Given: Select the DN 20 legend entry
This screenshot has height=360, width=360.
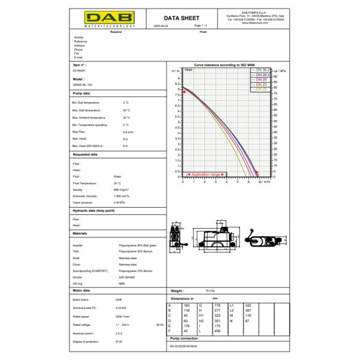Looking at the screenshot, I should [261, 89].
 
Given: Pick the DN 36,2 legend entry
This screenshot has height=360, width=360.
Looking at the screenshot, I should [262, 70].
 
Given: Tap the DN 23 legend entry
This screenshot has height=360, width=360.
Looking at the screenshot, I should [261, 85].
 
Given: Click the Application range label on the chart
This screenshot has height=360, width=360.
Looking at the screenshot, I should [205, 174].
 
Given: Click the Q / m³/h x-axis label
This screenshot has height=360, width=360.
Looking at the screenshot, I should [264, 181].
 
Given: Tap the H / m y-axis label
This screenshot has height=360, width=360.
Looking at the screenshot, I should [175, 71].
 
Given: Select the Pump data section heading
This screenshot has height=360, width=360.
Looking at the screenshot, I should [82, 94].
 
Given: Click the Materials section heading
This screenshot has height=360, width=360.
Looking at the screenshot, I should [80, 233].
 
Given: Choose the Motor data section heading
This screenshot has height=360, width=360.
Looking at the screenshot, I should [81, 290].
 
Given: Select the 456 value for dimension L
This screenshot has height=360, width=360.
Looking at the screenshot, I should [217, 330].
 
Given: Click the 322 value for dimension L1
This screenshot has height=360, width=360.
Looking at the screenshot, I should [248, 305].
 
